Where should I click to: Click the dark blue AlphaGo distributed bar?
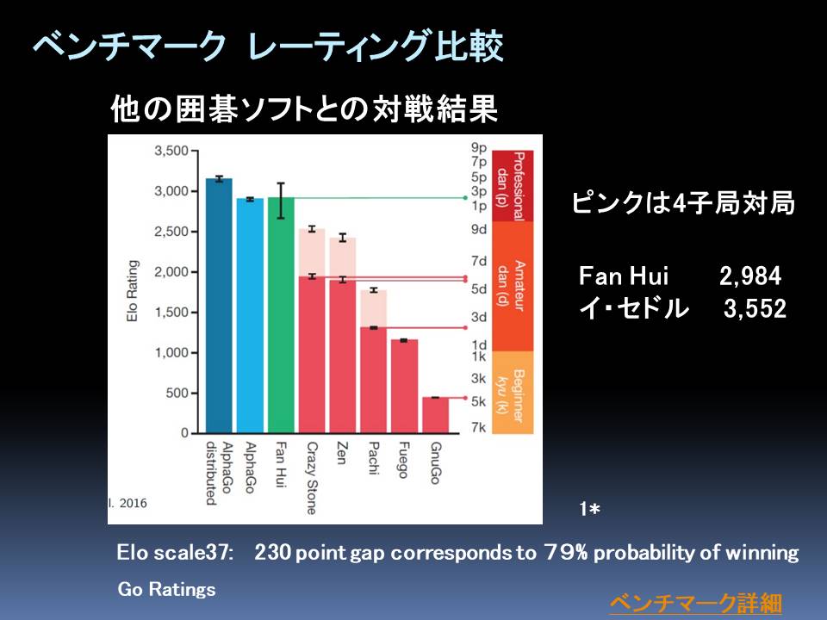click(219, 306)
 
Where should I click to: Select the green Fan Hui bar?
click(281, 315)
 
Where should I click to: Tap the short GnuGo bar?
click(436, 415)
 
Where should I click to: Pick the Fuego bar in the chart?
click(405, 387)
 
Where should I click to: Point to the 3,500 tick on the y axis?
click(171, 151)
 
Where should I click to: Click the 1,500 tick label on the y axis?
click(171, 312)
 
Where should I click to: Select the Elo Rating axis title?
click(132, 290)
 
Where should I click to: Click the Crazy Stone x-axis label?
click(312, 478)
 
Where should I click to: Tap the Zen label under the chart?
click(342, 453)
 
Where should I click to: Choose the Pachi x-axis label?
click(373, 458)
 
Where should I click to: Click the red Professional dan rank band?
click(512, 186)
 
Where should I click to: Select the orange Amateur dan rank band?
click(512, 286)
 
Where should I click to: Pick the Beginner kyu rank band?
click(512, 393)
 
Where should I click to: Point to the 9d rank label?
click(479, 229)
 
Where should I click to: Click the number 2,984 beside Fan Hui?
click(750, 276)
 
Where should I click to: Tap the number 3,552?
click(755, 308)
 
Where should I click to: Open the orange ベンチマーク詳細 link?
click(696, 603)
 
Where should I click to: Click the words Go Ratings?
click(166, 589)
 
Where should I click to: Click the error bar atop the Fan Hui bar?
click(281, 201)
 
